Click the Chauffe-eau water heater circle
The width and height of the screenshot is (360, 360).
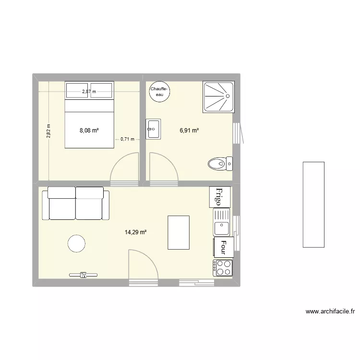[159, 92]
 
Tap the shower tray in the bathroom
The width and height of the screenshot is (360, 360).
[219, 98]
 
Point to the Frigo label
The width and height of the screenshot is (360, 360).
[219, 197]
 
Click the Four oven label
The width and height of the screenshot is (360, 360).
[223, 247]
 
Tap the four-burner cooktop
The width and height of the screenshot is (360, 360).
[222, 268]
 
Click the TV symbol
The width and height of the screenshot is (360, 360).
[83, 275]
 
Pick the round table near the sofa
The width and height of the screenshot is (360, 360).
[76, 243]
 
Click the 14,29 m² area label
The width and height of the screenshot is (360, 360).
[136, 233]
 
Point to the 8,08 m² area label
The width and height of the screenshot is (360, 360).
[89, 130]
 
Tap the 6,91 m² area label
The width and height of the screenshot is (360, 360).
[189, 130]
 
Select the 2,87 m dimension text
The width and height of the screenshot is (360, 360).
[89, 91]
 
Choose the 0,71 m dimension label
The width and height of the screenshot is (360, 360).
[128, 139]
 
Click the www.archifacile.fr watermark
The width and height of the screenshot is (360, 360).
[330, 312]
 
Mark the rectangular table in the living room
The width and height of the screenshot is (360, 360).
[179, 232]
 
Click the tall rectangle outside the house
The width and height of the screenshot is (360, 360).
[313, 204]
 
